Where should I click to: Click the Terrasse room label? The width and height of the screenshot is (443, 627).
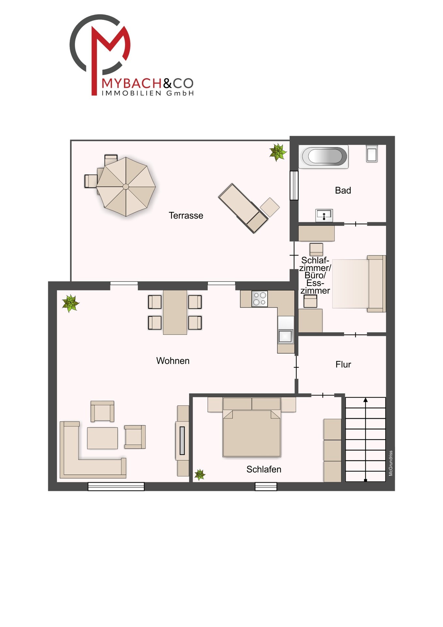[x=186, y=216]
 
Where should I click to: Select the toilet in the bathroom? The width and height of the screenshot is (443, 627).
[x=372, y=153]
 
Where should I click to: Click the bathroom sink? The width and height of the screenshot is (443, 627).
[x=324, y=215]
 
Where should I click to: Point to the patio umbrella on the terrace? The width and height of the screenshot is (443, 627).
[x=126, y=187]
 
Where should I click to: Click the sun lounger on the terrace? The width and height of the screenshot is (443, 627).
[x=243, y=208]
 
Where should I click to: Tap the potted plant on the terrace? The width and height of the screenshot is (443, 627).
[x=277, y=152]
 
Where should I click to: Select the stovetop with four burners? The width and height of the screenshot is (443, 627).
[x=260, y=299]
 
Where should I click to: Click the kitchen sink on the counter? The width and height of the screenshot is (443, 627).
[x=285, y=336]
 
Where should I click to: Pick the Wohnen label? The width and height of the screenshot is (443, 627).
[x=173, y=361]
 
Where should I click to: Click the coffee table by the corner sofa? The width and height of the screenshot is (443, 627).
[x=102, y=438]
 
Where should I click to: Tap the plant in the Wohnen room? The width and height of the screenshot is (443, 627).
[x=70, y=303]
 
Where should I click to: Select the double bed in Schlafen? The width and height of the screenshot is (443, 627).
[x=251, y=428]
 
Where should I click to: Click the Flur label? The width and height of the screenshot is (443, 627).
[x=343, y=364]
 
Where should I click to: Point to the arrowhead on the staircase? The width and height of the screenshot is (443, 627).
[x=366, y=400]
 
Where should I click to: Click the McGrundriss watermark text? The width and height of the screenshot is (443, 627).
[x=391, y=463]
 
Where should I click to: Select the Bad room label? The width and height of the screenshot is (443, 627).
[x=343, y=190]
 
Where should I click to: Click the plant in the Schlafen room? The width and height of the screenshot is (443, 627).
[x=199, y=474]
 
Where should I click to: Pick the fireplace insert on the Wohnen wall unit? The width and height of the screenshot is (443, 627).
[x=182, y=441]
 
